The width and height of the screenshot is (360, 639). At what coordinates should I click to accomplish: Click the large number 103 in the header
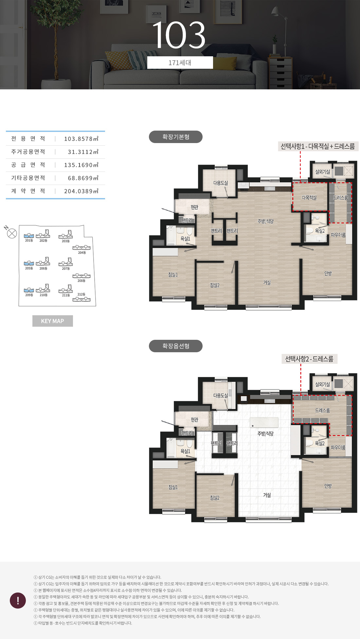(x=179, y=35)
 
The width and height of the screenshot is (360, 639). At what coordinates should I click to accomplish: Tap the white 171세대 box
(x=180, y=63)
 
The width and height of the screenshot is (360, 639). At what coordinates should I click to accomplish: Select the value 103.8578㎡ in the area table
(x=81, y=139)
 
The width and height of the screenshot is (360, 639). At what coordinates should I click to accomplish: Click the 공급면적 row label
(x=28, y=165)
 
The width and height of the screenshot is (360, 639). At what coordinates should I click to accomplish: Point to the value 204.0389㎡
(x=81, y=191)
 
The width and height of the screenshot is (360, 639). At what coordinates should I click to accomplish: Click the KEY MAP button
(x=53, y=321)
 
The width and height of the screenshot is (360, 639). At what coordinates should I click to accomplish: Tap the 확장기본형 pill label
(x=176, y=137)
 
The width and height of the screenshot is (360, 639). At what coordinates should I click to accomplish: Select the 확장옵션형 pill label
(x=176, y=346)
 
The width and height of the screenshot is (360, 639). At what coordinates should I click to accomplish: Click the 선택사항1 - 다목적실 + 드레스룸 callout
(x=318, y=146)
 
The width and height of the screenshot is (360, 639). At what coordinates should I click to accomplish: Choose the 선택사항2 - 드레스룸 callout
(x=309, y=359)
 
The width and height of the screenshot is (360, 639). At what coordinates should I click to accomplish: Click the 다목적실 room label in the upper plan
(x=309, y=198)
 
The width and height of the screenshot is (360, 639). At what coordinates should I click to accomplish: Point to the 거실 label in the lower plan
(x=267, y=495)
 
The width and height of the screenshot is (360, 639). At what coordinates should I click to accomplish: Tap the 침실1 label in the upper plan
(x=173, y=275)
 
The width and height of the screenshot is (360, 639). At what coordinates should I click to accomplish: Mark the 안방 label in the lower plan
(x=328, y=486)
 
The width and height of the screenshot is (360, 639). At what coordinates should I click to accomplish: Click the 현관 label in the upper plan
(x=194, y=207)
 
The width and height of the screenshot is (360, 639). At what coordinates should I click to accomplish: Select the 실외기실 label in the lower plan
(x=323, y=384)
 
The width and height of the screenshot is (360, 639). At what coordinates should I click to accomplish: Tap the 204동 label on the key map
(x=82, y=253)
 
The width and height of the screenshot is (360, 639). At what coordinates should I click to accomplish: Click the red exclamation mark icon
(x=18, y=600)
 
